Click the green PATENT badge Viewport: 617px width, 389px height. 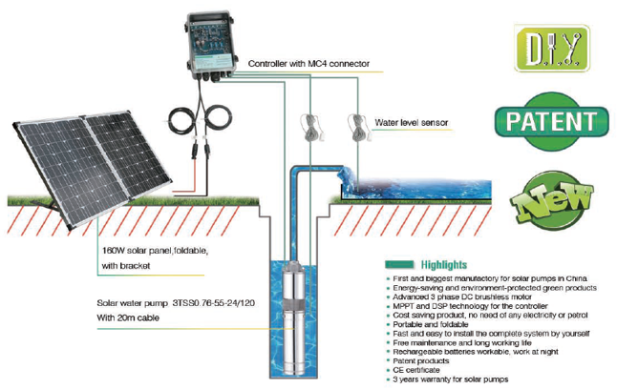click(551, 121)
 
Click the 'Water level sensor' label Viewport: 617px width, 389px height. click(411, 123)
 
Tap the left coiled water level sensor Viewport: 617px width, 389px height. click(308, 125)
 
